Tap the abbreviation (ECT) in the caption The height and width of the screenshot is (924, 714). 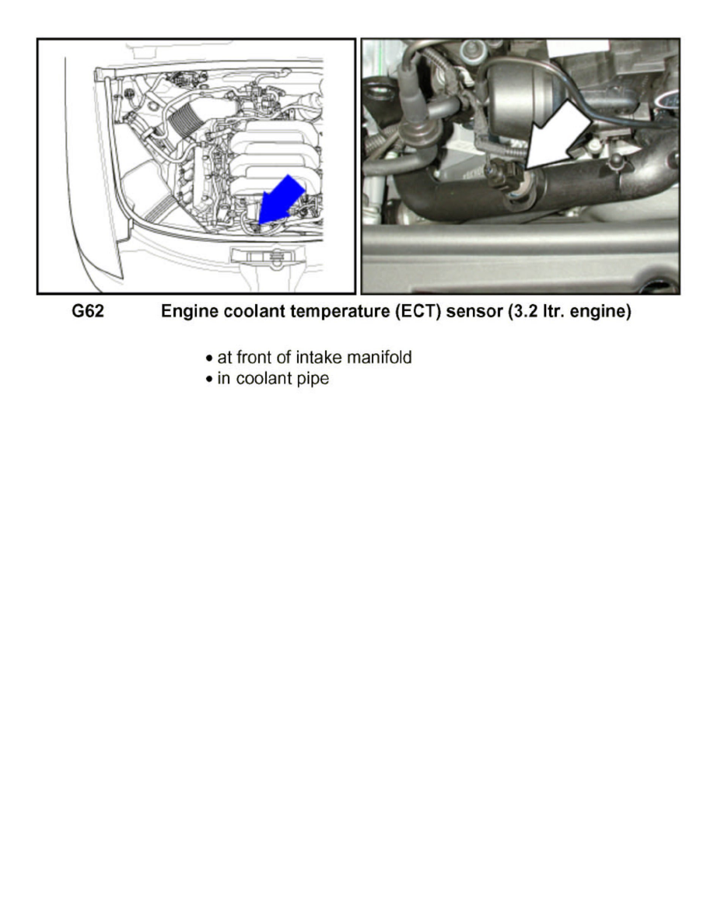[413, 313]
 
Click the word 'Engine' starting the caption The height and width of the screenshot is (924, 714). [187, 313]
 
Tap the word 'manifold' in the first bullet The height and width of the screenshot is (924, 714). [379, 359]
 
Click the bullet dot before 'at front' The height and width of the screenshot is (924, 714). [209, 359]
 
